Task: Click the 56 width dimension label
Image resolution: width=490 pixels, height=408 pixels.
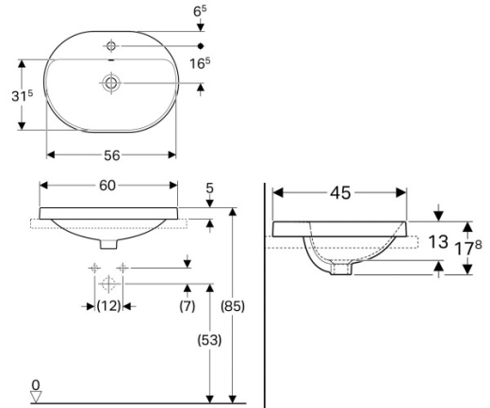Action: pos(112,155)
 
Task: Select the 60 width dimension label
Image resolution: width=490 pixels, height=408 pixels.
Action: pos(107,186)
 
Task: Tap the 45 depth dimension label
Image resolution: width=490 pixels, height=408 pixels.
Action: pos(340,193)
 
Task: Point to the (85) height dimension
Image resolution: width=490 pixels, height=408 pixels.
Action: pos(233,306)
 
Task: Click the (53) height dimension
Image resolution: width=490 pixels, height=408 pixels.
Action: pos(209,340)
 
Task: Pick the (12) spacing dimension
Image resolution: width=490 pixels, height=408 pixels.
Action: pos(108,305)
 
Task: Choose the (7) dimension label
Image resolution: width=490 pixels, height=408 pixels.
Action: pos(188,305)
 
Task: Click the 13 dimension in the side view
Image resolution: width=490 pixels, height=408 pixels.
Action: pos(438,242)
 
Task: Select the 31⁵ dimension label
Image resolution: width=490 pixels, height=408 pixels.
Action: pos(22,95)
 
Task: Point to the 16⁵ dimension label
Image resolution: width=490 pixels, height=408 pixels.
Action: pos(200,63)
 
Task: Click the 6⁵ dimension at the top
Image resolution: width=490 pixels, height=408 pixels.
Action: pos(200,11)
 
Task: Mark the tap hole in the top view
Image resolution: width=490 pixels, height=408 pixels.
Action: pos(111,46)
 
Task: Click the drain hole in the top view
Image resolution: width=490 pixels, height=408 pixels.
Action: pos(111,83)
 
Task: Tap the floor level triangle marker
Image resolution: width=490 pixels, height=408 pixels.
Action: pos(36,397)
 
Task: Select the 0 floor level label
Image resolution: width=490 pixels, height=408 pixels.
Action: pos(36,384)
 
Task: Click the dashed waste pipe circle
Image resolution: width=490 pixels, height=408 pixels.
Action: pos(108,284)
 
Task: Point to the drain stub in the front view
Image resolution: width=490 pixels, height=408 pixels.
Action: pos(108,244)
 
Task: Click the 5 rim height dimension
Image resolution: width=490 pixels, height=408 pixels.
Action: pos(209,188)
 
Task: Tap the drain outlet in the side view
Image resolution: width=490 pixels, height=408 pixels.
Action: pos(341,268)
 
